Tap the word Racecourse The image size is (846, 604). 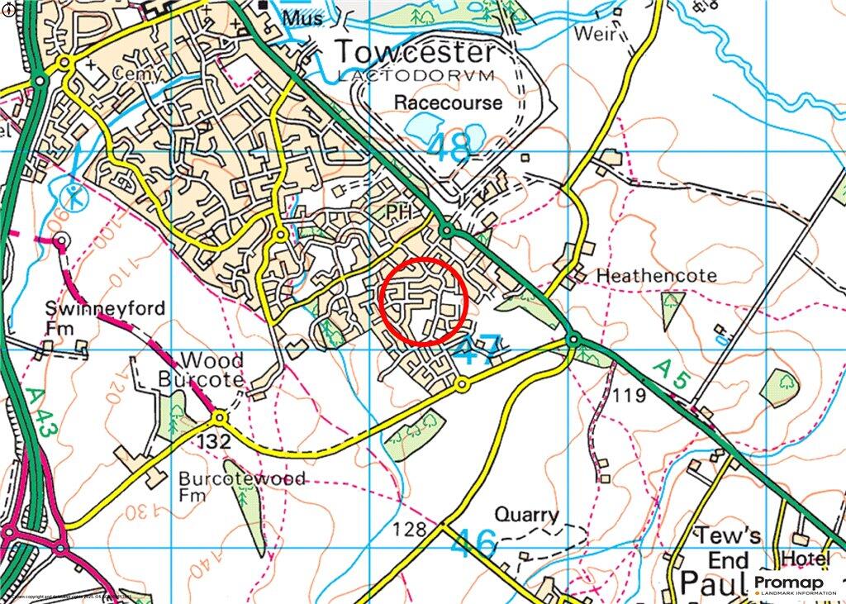pyautogui.click(x=448, y=103)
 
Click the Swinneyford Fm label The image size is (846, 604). pyautogui.click(x=105, y=318)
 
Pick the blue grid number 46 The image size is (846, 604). pyautogui.click(x=475, y=544)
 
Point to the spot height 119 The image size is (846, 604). pyautogui.click(x=630, y=397)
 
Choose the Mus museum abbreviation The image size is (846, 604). pyautogui.click(x=300, y=17)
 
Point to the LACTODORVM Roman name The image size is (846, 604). pyautogui.click(x=415, y=76)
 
